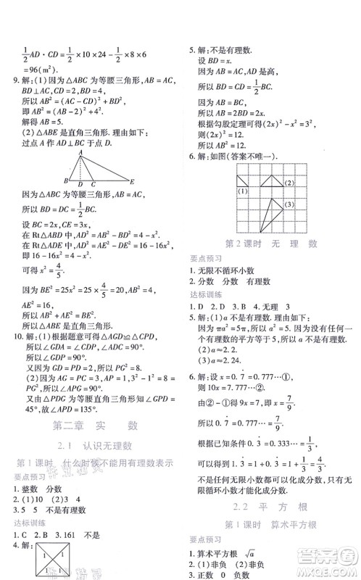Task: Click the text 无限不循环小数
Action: [x=227, y=270]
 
